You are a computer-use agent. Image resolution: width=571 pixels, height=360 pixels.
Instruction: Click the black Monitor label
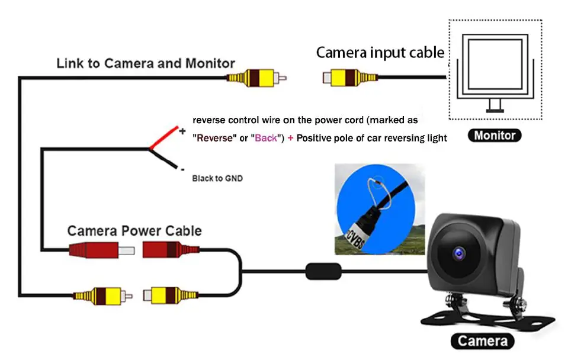(x=495, y=135)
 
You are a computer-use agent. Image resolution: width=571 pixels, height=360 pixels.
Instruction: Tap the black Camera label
(x=482, y=341)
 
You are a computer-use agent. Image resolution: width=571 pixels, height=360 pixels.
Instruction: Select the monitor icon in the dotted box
(x=495, y=69)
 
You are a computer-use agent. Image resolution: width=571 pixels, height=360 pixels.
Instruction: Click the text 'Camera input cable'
(x=380, y=53)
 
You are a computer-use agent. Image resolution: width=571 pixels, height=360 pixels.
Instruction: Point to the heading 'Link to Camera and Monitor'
(x=146, y=63)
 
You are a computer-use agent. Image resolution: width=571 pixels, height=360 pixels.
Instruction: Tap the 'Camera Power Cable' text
(x=134, y=231)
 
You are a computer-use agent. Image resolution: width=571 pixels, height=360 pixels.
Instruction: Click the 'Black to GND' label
(x=217, y=178)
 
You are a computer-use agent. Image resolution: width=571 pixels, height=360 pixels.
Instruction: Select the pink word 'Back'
(x=267, y=138)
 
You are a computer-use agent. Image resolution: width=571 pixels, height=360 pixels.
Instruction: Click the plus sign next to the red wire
(x=182, y=131)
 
